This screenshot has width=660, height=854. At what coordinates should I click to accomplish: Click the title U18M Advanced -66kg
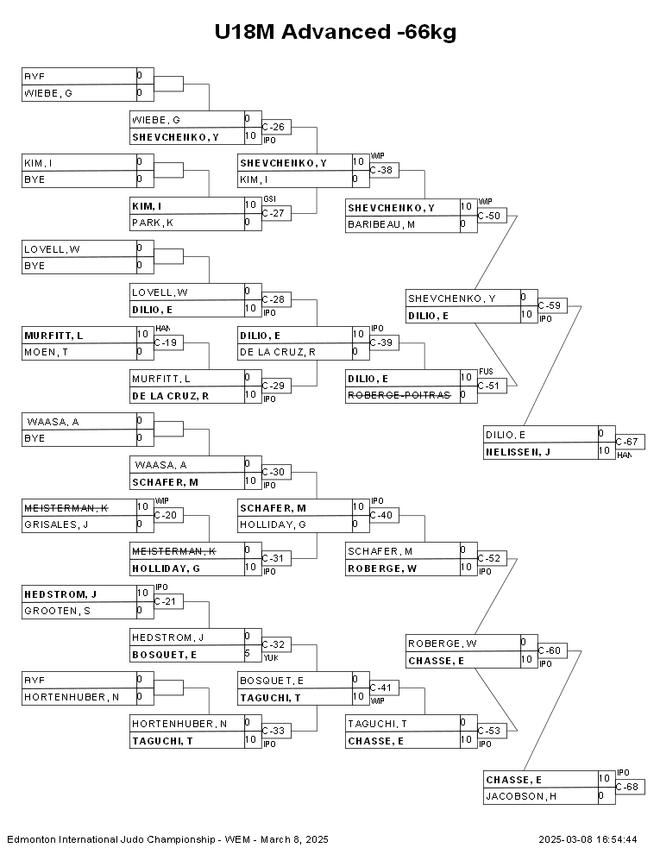point(336,33)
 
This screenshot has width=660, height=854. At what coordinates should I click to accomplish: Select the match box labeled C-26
point(275,128)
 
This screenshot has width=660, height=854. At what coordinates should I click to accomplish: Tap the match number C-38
point(383,171)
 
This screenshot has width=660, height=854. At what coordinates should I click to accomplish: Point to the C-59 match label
point(551,305)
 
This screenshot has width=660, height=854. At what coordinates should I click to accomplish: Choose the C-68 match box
point(629,788)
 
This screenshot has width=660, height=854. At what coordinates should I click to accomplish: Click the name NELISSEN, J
point(517,451)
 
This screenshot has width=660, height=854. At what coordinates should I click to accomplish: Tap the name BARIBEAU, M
point(380,224)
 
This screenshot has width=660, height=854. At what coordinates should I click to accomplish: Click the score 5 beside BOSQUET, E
point(248,654)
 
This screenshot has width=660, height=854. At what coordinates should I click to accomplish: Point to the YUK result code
point(269,657)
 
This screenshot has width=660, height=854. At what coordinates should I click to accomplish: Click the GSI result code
point(269,199)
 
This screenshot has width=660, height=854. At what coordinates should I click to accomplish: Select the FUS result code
point(486,372)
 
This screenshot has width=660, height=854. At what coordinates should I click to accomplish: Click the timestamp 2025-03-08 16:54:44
point(588,838)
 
